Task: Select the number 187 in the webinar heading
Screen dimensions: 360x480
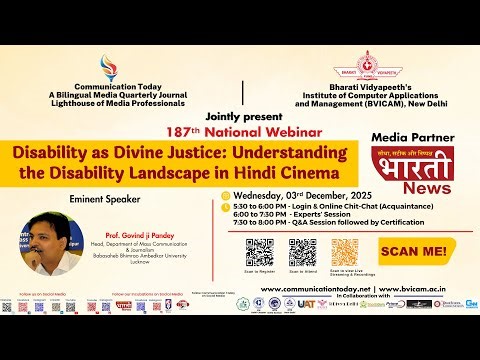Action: point(175,131)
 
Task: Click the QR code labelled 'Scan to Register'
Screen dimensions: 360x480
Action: point(260,252)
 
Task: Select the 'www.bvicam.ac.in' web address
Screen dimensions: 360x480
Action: point(416,289)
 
